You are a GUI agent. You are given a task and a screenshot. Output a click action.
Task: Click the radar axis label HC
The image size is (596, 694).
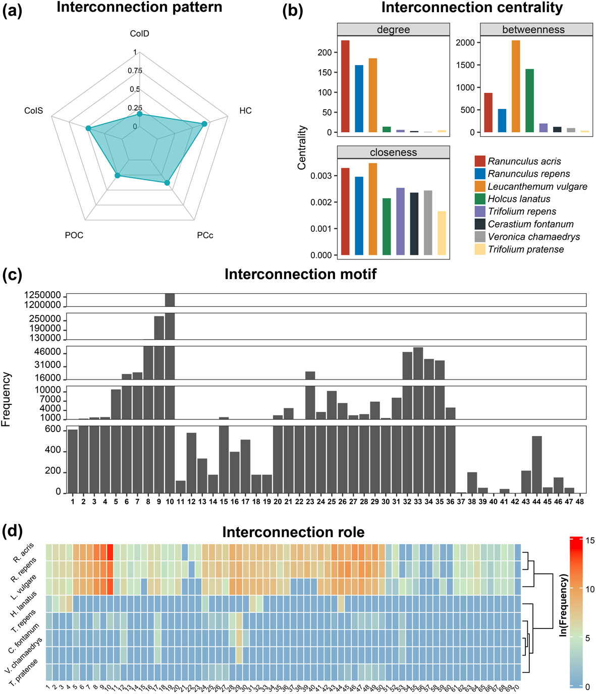pos(245,111)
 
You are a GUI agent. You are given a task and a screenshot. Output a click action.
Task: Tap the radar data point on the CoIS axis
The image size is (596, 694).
pos(88,129)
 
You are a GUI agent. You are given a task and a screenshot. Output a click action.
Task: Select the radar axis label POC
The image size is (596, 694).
pos(74,235)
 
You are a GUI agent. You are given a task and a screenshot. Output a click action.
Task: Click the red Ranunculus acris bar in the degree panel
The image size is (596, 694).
pos(345,86)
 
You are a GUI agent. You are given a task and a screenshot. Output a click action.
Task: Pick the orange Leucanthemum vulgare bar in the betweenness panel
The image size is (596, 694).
pos(516,86)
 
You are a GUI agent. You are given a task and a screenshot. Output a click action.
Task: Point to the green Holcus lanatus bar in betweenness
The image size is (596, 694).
pos(529,100)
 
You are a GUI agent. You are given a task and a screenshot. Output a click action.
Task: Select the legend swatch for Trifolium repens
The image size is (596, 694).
pos(480,211)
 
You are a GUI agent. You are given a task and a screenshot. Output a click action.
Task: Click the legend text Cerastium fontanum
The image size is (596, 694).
pos(530,224)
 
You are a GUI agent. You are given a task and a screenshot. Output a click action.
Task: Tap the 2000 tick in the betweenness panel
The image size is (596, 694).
pos(465,43)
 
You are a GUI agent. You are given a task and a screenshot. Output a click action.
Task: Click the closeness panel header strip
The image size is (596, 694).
pos(393,152)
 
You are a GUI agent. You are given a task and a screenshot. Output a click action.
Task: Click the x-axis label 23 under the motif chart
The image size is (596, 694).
pos(310,502)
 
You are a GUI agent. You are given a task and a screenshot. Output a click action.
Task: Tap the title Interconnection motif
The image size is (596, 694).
pos(300,274)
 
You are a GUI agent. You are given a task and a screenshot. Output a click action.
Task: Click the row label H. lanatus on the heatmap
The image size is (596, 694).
pos(24,605)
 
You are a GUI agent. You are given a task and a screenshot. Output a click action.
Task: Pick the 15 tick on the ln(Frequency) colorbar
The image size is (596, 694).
pos(590,541)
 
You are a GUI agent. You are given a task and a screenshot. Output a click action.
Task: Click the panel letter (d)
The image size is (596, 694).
pos(12,531)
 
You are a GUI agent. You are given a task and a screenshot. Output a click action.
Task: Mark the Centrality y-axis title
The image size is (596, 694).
pos(302,147)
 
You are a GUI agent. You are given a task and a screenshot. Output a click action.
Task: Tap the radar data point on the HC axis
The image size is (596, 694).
pos(204,124)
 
